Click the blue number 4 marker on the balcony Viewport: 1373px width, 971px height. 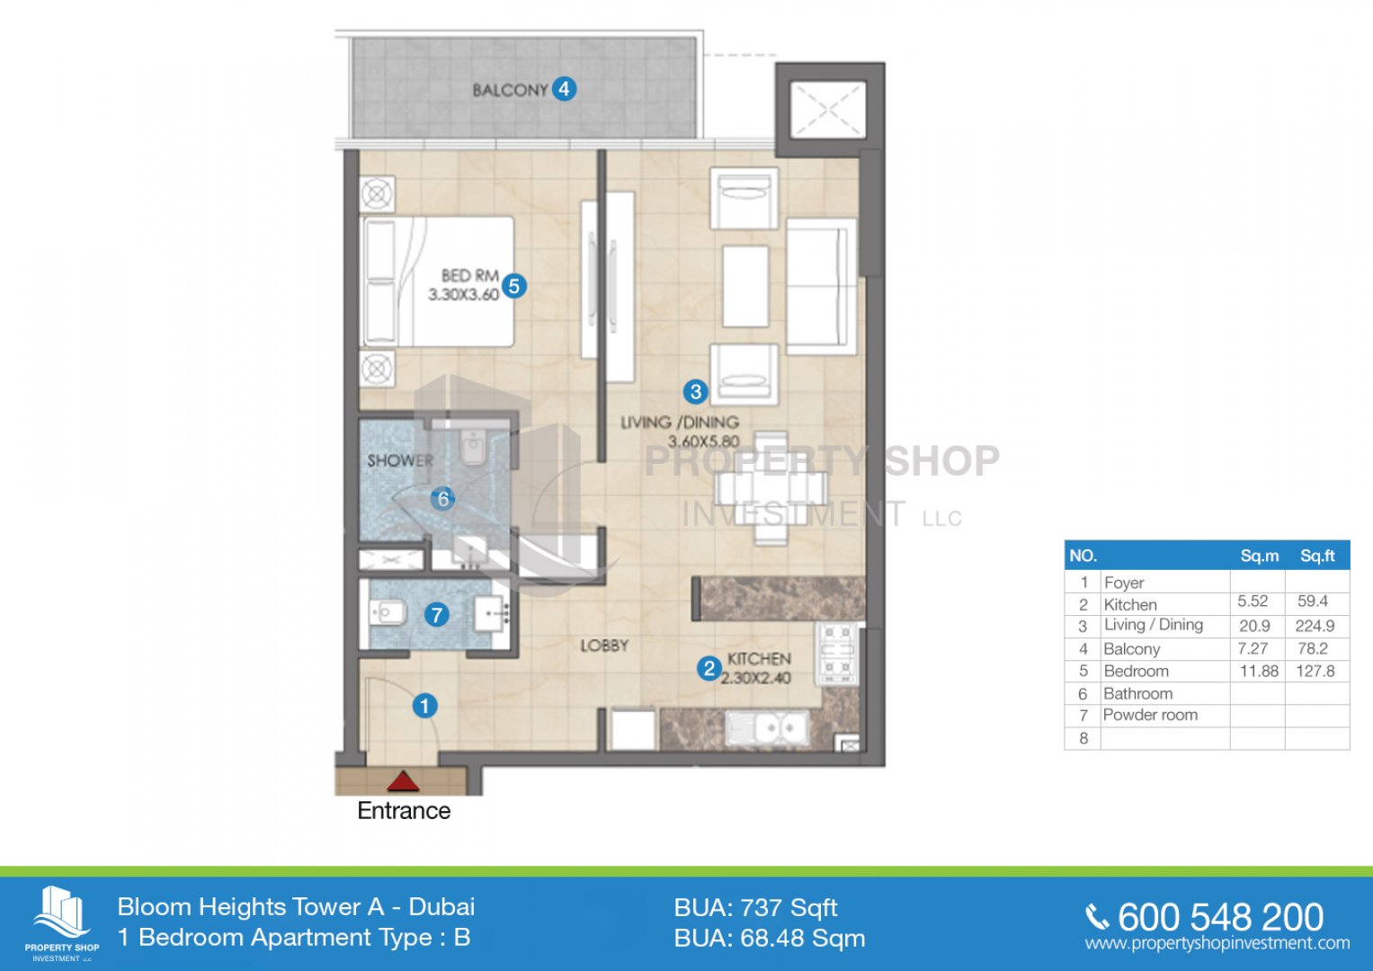(564, 89)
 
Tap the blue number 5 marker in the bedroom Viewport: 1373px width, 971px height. (513, 286)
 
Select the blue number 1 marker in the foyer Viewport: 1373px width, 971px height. (424, 706)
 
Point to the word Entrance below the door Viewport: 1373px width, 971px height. (404, 810)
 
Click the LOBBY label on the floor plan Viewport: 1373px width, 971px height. (604, 646)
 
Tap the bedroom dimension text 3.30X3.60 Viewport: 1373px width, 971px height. (463, 295)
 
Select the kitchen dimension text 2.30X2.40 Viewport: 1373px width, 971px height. (756, 678)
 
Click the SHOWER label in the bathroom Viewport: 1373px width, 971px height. (399, 460)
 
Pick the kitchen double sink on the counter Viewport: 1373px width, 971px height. (767, 728)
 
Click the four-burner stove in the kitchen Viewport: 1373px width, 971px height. (838, 654)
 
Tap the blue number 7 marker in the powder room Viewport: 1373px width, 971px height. (436, 615)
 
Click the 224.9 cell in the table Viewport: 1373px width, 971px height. (1315, 626)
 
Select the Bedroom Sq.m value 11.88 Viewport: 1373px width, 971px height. (1259, 672)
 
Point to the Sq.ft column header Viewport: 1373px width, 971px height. (1317, 556)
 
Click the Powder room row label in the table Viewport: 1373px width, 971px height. (1150, 715)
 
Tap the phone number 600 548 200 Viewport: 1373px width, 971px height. (1220, 917)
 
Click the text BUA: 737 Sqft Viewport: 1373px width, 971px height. (755, 908)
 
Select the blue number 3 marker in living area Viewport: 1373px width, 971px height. (696, 391)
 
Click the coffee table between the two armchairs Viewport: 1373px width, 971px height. (745, 286)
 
